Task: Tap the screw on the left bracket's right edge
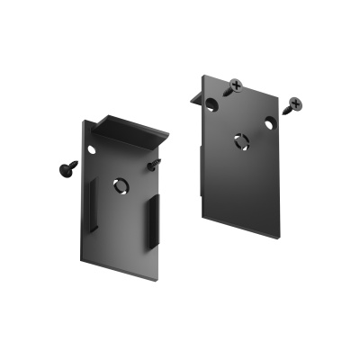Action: pos(155,164)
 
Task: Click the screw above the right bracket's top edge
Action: pos(236,86)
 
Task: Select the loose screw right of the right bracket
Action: pos(293,105)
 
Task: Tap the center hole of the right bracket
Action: pos(240,139)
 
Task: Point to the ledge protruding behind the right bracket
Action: pos(195,93)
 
